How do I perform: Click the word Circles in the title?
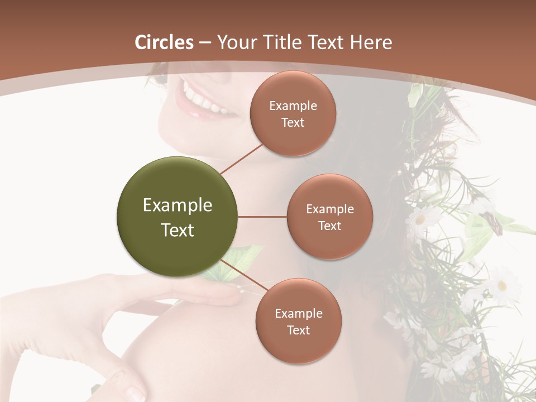[164, 42]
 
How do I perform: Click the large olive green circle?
[178, 217]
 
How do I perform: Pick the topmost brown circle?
[293, 113]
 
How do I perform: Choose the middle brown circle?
[329, 217]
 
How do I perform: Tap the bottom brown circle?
[298, 321]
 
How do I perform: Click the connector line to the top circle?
[241, 159]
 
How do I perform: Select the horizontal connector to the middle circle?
[262, 217]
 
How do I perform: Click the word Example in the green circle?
[178, 205]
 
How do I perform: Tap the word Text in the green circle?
[178, 230]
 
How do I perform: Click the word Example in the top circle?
[293, 106]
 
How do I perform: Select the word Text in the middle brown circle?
[329, 226]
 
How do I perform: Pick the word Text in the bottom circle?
[298, 330]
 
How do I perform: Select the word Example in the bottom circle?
[299, 314]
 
